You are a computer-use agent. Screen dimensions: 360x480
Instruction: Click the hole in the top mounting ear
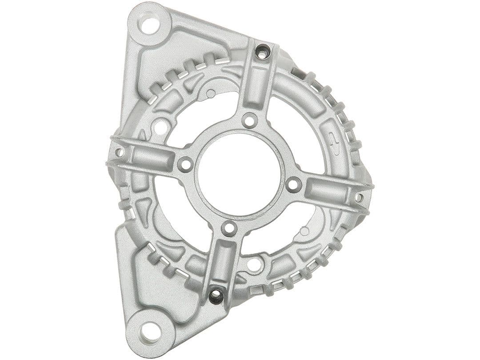150,24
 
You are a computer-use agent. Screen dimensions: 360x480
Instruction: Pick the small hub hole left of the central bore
185,164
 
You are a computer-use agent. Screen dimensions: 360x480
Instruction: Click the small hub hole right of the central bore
293,184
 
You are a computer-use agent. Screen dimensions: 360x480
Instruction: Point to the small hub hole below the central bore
229,228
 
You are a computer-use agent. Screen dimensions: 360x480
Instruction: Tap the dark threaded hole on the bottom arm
216,296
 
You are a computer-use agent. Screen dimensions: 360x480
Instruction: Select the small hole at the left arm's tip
119,152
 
